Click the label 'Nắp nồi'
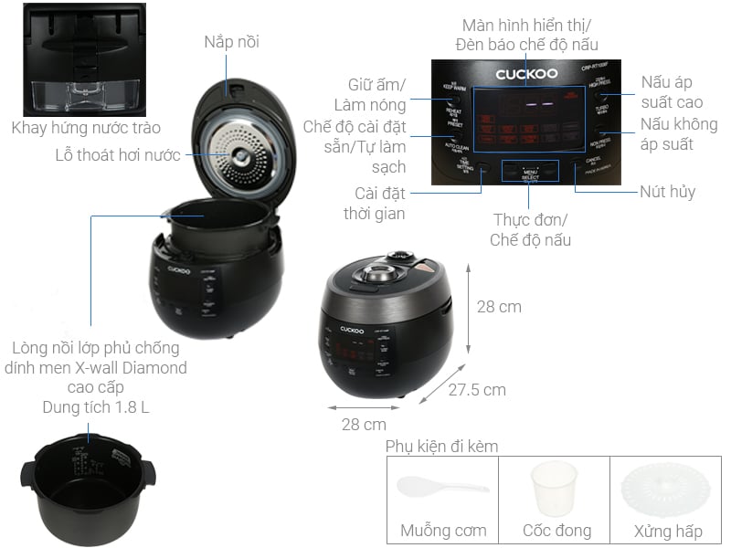[x=231, y=41]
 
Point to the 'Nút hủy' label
[x=668, y=193]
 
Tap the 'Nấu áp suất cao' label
[x=672, y=92]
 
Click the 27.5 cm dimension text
[x=476, y=390]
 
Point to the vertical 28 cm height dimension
[x=499, y=307]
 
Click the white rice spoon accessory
[x=441, y=487]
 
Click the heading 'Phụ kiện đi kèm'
[x=441, y=447]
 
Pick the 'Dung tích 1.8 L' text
[x=96, y=407]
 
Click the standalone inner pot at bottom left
[x=87, y=484]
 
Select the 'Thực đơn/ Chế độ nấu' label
[x=530, y=230]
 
